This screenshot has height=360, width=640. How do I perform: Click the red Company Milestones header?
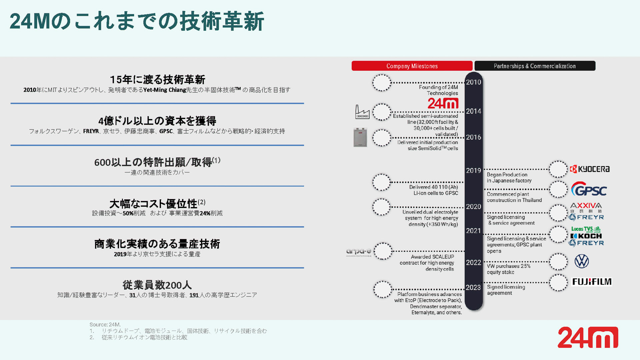pos(412,66)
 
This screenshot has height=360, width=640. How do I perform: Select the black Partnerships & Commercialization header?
pos(535,66)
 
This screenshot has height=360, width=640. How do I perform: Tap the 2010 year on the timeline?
pos(473,82)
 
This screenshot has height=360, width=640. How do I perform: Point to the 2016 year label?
pos(473,137)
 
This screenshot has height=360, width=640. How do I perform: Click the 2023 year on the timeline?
pos(473,288)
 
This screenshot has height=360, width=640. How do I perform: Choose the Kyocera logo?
pos(590,169)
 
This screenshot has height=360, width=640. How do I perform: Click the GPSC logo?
pos(589,190)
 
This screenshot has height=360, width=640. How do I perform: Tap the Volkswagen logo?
pos(582,261)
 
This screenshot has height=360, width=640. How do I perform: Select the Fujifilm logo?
pos(592,282)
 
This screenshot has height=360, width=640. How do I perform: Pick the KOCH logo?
pos(586,236)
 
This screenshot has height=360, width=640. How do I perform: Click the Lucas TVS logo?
pos(586,229)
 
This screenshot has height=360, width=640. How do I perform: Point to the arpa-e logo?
pos(359,252)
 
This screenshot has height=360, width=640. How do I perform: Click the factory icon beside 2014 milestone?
pos(362,112)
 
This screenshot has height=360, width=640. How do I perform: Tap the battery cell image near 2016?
pos(360,137)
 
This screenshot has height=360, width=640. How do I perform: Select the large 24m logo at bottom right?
pos(588,337)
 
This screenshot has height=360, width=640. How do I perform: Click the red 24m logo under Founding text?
pos(443,103)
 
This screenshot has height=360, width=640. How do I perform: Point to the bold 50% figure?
pos(128,213)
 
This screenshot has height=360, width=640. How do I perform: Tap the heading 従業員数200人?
pos(157,285)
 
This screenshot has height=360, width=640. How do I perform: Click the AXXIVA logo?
pos(586,206)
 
